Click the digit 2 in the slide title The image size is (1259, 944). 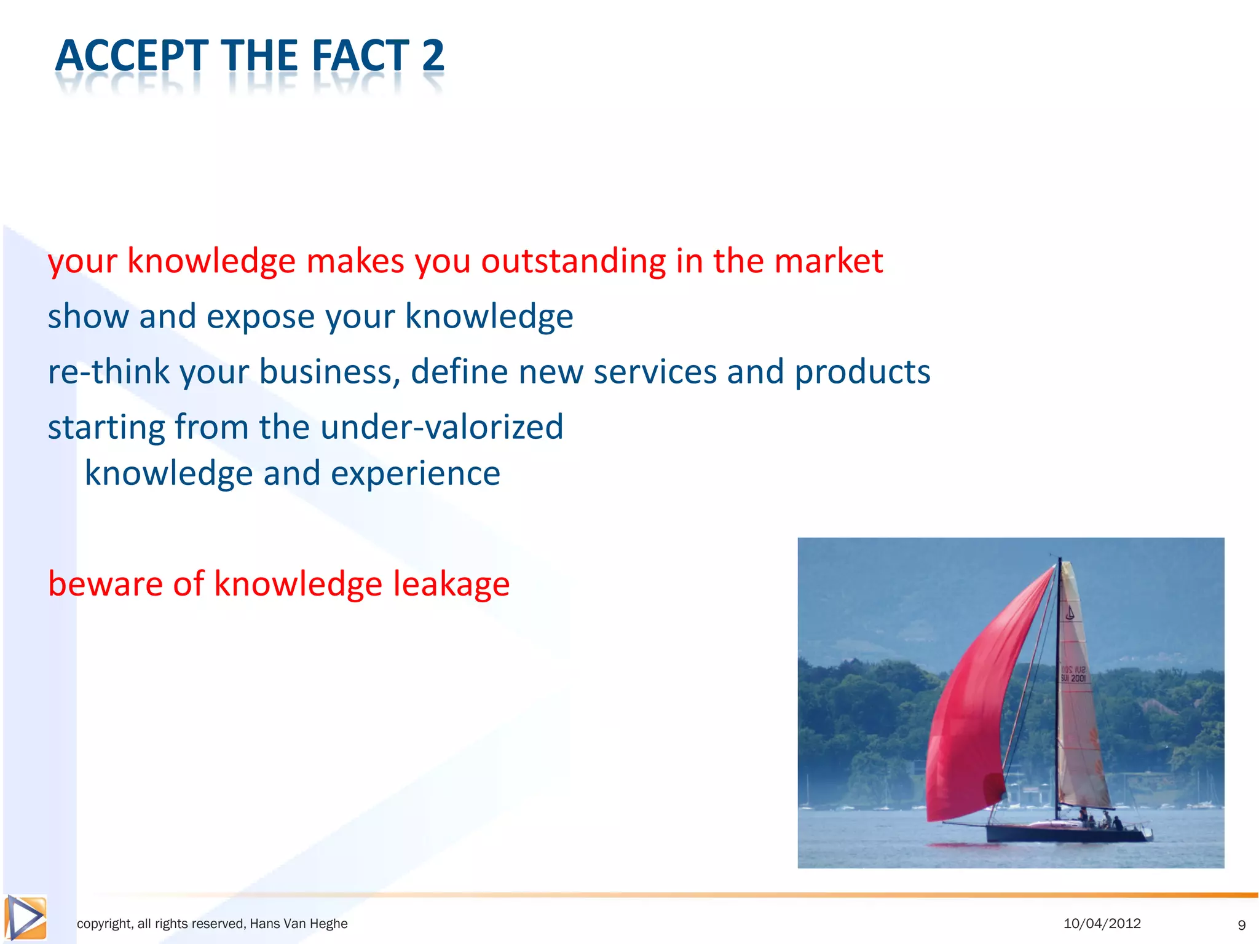433,56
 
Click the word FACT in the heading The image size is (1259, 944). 360,56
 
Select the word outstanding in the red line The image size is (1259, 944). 573,261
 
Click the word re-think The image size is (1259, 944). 108,372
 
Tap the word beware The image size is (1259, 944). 105,583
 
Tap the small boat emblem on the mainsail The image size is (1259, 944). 1070,613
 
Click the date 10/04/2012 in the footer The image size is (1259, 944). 1102,923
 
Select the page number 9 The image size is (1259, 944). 1241,925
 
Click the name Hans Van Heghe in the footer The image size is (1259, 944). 298,924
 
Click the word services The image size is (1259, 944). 655,372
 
